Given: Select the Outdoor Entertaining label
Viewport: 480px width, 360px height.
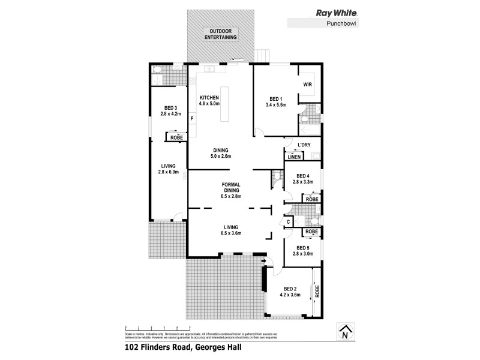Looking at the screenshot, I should coord(220,34).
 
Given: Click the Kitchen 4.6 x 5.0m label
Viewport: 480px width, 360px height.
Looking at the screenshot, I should coord(210,101).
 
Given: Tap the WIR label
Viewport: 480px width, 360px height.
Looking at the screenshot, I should coord(307,85).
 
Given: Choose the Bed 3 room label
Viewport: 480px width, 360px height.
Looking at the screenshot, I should coord(170,110).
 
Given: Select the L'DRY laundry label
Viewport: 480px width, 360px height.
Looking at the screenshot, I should coord(304,145).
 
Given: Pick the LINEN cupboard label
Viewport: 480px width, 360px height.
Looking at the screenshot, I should coord(293,157).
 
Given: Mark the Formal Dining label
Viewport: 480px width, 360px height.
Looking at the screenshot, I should coord(231,190).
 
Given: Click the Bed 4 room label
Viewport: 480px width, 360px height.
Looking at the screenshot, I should coord(302,178).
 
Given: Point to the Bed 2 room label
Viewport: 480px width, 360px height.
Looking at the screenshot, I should coord(290,291).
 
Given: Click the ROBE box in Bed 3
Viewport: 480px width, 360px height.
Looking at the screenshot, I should coord(176,137).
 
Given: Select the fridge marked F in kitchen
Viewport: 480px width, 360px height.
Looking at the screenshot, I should coord(192,118).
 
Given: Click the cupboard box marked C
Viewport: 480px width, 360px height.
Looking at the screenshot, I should coord(288,221).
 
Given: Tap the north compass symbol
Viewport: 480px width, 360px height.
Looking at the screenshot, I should coord(344,333).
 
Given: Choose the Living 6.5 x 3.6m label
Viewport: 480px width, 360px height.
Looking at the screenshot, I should coord(232,230).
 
